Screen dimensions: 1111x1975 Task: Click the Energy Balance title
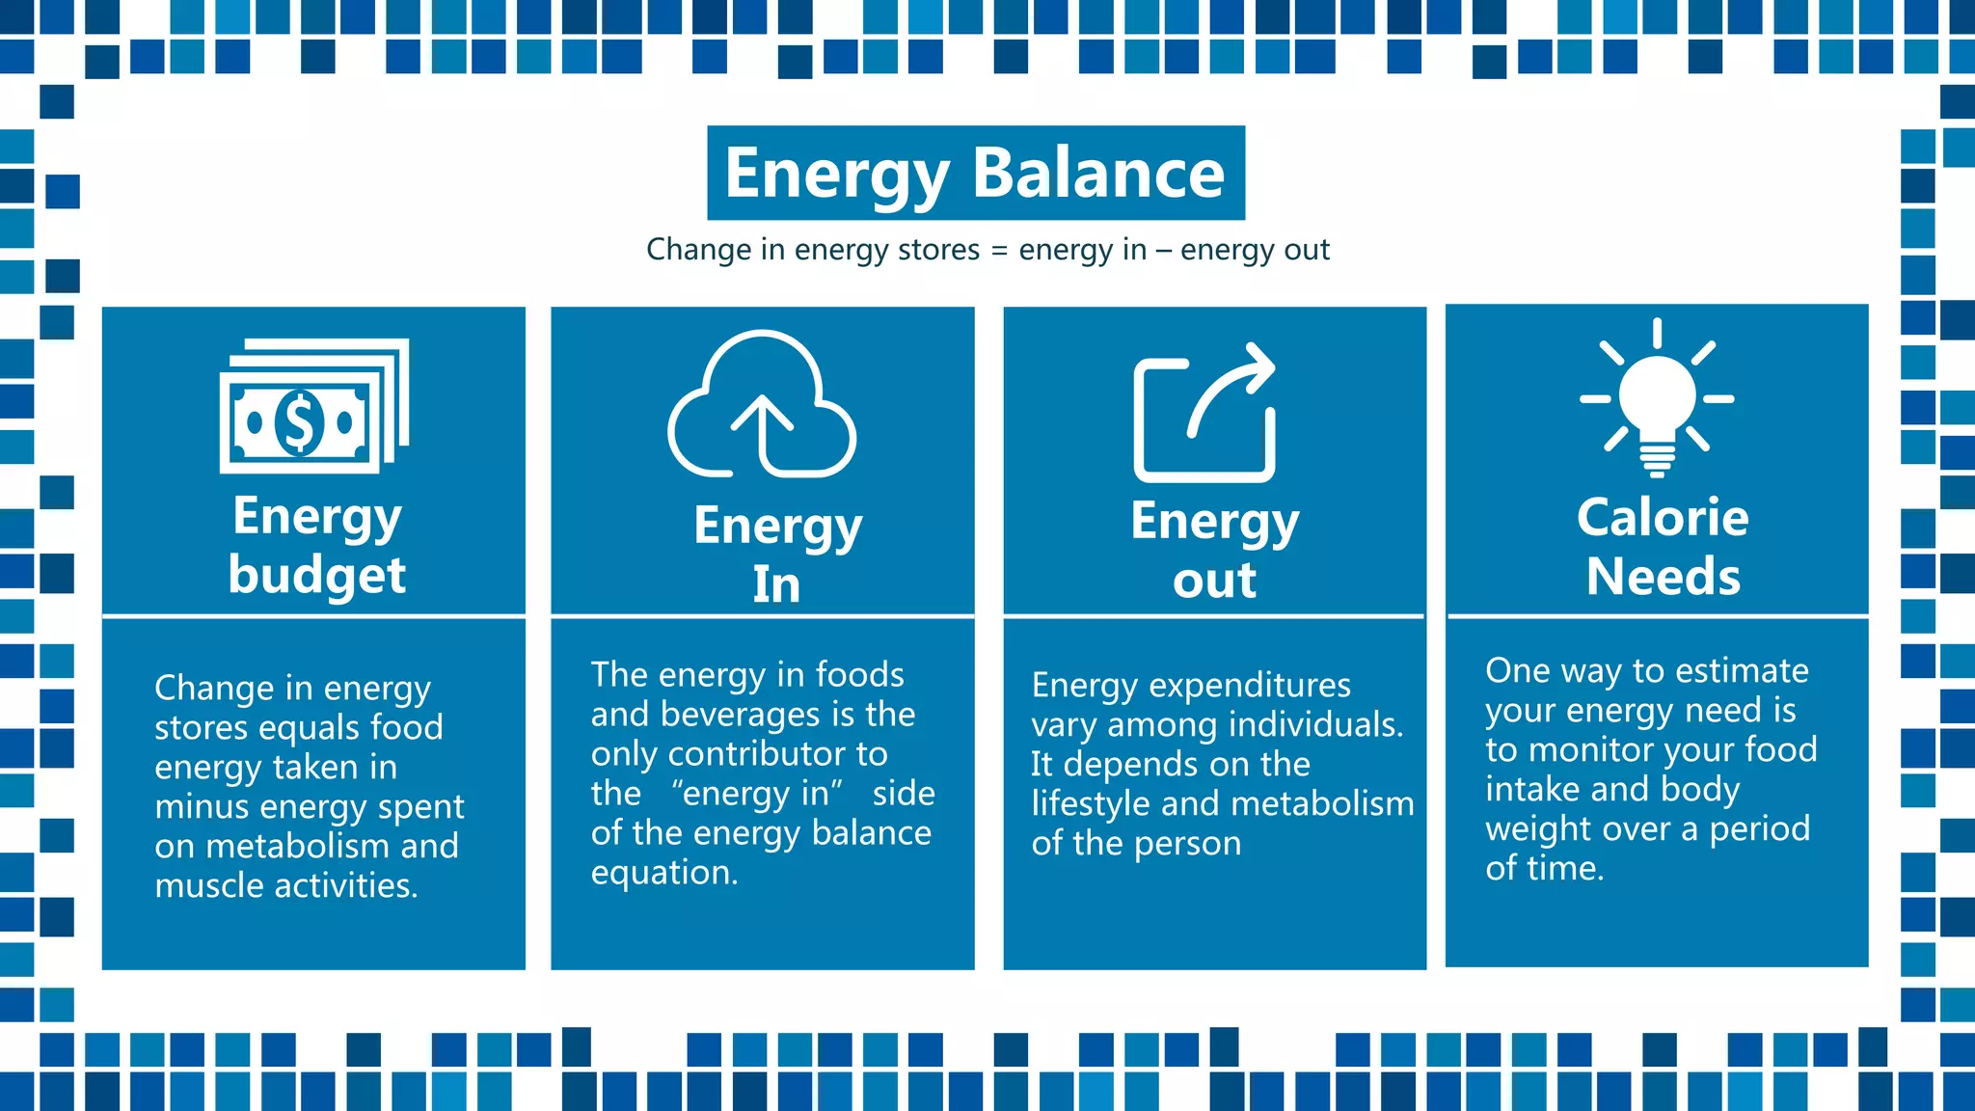(x=975, y=174)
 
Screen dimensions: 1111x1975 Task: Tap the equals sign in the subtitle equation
(x=999, y=251)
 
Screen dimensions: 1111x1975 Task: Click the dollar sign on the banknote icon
(x=299, y=422)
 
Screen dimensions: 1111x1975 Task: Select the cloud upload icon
(x=762, y=405)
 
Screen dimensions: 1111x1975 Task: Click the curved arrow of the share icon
(x=1231, y=386)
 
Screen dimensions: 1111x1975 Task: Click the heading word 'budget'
(x=317, y=577)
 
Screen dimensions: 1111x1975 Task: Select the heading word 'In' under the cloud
(x=776, y=584)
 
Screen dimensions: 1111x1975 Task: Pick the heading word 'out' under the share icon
(x=1214, y=581)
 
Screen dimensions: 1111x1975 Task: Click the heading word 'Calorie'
(x=1663, y=518)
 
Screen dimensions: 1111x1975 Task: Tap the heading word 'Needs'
(x=1664, y=577)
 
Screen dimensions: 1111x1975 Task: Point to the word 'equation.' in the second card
(x=664, y=873)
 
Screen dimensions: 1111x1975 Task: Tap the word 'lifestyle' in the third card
(x=1091, y=803)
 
